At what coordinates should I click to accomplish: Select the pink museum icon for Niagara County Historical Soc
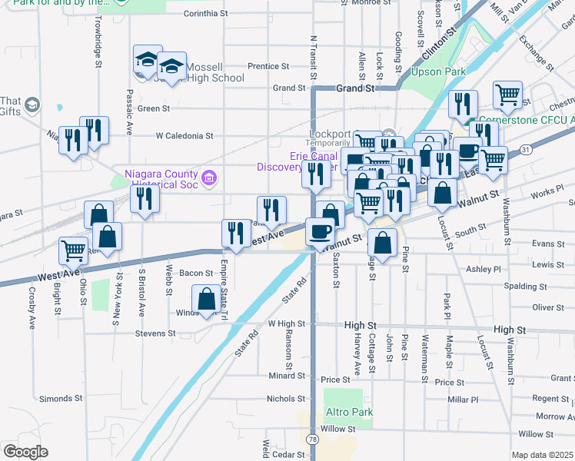click(x=208, y=181)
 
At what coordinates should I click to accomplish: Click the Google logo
click(x=25, y=452)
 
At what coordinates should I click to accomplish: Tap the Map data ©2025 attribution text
click(x=541, y=455)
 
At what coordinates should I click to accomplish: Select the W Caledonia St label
click(x=184, y=136)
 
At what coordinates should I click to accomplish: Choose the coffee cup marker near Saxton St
click(x=320, y=230)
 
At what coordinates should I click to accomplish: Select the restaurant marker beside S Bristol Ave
click(x=145, y=197)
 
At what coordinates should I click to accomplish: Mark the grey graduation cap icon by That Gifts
click(x=32, y=104)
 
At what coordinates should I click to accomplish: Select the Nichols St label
click(x=286, y=399)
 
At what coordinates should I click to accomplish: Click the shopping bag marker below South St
click(x=383, y=241)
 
